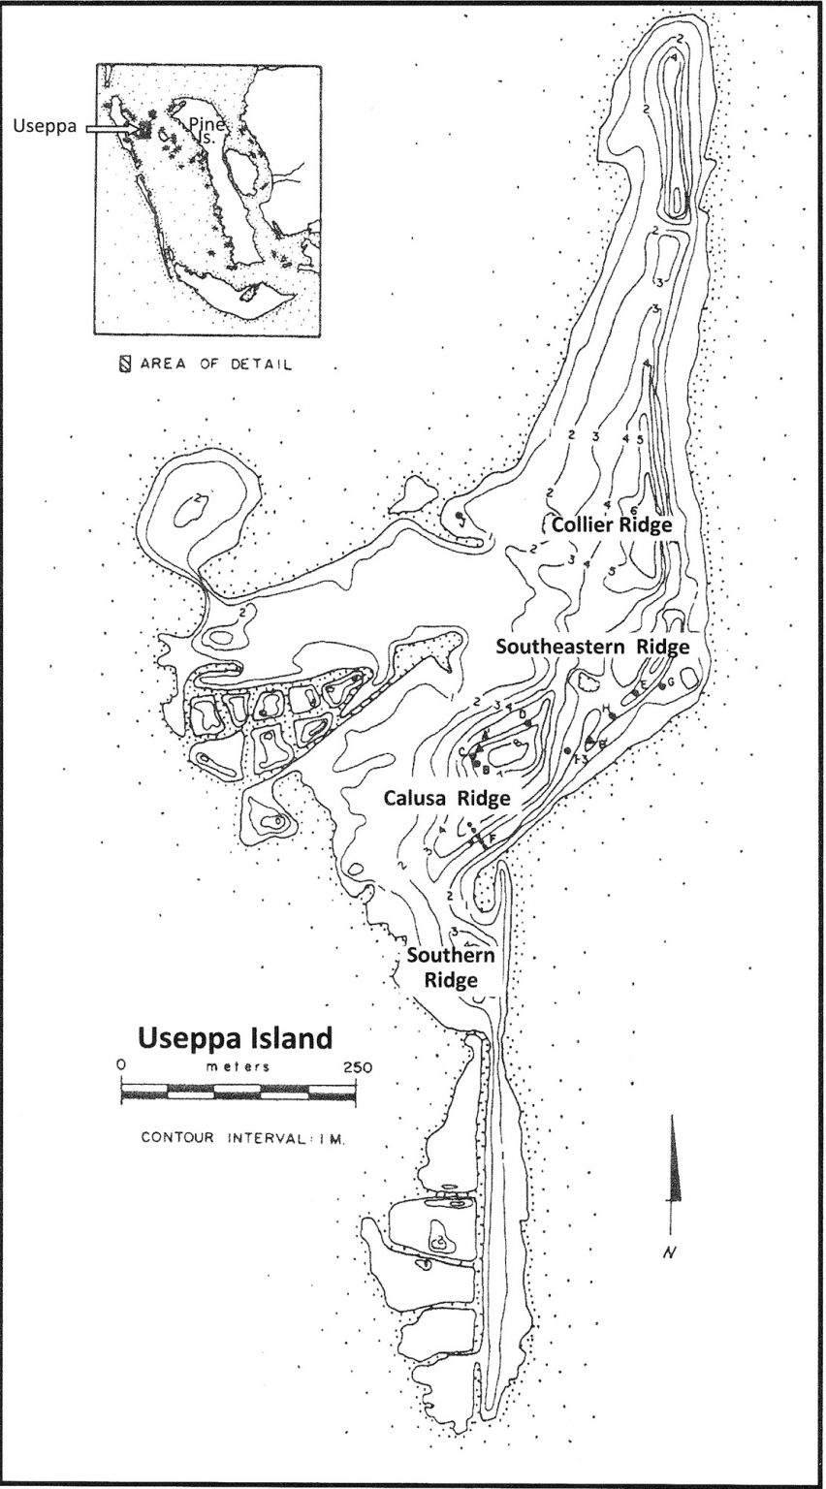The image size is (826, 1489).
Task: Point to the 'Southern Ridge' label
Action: tap(451, 967)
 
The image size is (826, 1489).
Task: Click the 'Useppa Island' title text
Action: tap(236, 1038)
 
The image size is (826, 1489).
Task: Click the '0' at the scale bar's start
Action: tap(121, 1063)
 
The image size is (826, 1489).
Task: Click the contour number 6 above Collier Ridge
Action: tap(633, 511)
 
